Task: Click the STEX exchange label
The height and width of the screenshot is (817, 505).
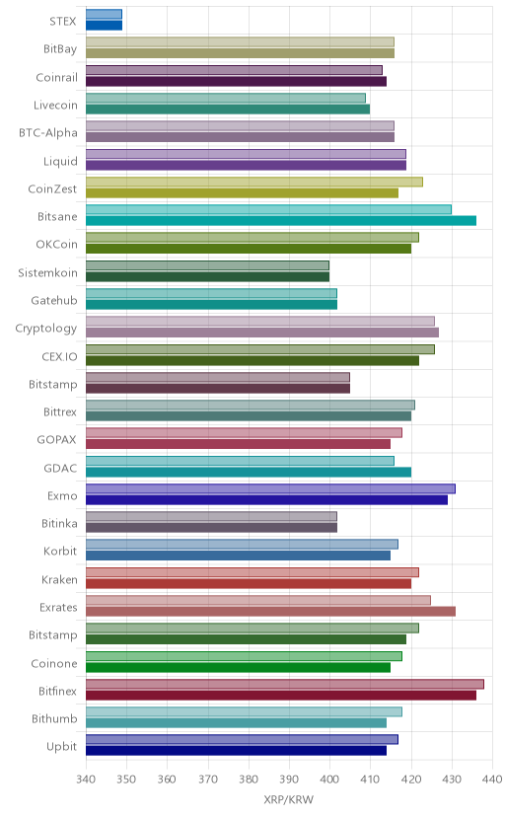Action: pos(63,22)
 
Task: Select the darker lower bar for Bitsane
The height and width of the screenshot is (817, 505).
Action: pos(281,221)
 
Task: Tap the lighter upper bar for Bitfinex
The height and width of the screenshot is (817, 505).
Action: pos(285,684)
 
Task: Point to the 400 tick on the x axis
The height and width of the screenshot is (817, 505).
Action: pos(329,780)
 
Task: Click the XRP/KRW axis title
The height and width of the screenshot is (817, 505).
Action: pos(289,800)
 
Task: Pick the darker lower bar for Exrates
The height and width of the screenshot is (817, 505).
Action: pos(270,612)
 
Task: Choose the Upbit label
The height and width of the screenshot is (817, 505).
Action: pos(61,747)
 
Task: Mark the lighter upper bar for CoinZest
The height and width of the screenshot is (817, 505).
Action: pos(254,182)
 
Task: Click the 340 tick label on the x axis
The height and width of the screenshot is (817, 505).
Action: pos(86,780)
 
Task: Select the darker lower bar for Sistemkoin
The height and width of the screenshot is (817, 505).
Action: pos(208,276)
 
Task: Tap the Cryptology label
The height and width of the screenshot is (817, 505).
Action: pos(45,329)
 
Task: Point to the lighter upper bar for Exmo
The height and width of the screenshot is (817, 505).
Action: pos(270,488)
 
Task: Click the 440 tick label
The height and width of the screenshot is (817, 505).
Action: pos(492,780)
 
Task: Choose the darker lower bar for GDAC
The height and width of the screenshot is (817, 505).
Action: pos(249,472)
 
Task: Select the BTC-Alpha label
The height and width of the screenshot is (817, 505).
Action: pos(48,133)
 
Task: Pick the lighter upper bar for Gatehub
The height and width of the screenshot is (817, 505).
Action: pos(211,293)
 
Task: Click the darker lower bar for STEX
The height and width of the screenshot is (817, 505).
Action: pos(105,26)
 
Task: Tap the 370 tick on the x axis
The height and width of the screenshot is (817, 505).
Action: pos(208,780)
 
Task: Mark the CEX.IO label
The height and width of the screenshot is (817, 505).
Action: pos(59,357)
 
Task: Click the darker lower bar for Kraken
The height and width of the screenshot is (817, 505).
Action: pos(249,583)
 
